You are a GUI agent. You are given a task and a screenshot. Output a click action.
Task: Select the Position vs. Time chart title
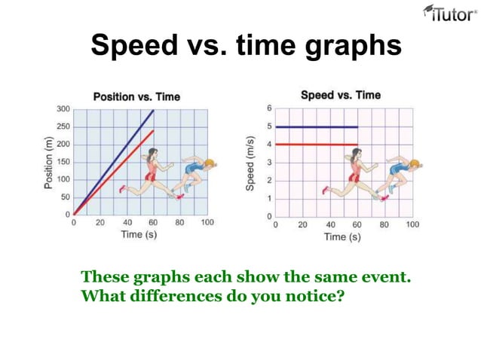[136, 96]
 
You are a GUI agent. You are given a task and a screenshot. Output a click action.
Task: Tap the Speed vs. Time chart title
[341, 95]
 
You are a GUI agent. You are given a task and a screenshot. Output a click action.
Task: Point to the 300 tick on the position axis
[63, 109]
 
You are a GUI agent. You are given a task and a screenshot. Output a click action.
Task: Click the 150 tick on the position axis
[63, 162]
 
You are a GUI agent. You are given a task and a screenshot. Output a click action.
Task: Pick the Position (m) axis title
[47, 162]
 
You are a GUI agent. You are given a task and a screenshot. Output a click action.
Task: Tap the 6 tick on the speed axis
[268, 108]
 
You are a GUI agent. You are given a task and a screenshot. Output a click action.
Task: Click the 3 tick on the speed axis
[268, 163]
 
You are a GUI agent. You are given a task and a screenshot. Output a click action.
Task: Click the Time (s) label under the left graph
[139, 235]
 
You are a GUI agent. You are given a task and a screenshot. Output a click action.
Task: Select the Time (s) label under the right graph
[342, 236]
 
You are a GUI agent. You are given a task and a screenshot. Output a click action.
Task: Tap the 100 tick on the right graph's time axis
[413, 224]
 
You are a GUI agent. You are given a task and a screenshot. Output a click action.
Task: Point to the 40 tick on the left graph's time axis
[127, 223]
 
